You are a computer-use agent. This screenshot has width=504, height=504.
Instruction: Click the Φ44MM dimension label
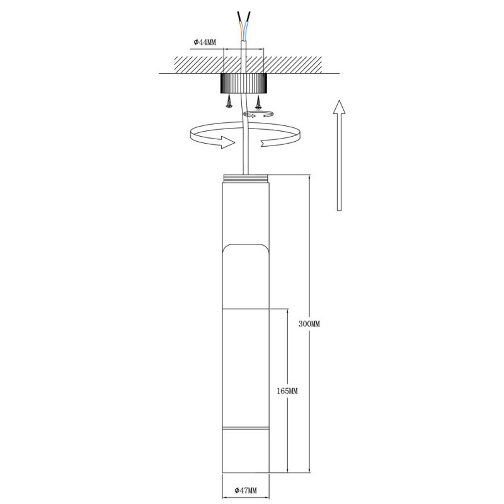tap(204, 42)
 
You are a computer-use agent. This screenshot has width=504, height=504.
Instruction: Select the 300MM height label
tap(309, 324)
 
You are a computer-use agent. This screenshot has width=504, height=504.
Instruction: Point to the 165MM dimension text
tap(287, 391)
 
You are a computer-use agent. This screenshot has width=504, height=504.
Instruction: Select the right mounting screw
tap(258, 101)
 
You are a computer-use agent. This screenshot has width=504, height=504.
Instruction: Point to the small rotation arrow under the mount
tap(259, 113)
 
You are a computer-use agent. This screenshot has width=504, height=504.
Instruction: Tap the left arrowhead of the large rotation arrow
tap(224, 143)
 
